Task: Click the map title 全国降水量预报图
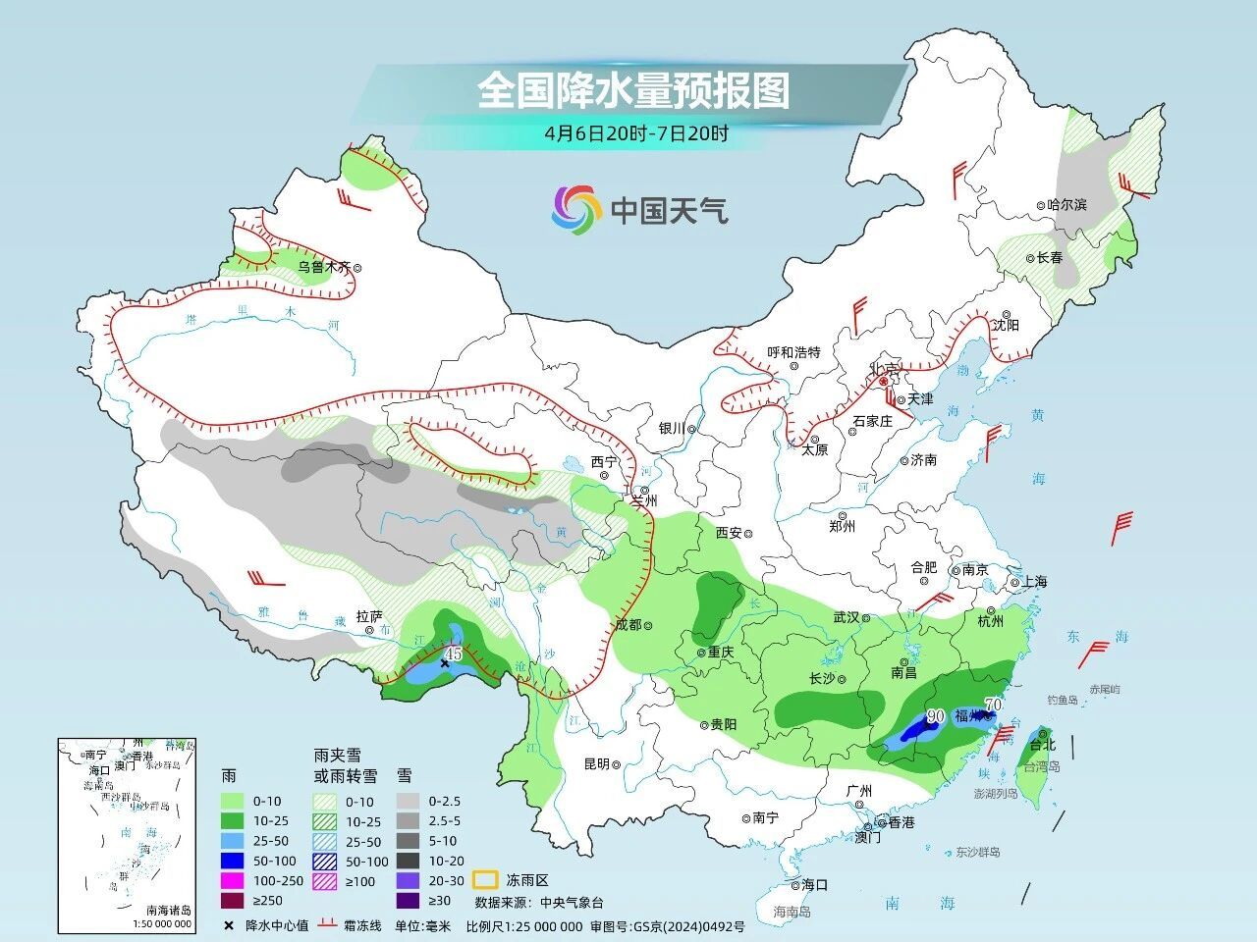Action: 633,91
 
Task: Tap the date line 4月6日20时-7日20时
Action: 636,134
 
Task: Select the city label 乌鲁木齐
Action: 323,267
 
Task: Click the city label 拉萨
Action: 369,616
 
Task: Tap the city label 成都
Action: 628,624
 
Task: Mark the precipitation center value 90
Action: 935,716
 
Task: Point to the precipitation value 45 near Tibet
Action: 453,653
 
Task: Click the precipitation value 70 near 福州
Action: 993,705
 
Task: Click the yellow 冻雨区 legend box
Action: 483,879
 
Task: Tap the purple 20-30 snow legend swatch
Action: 409,880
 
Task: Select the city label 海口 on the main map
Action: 814,884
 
